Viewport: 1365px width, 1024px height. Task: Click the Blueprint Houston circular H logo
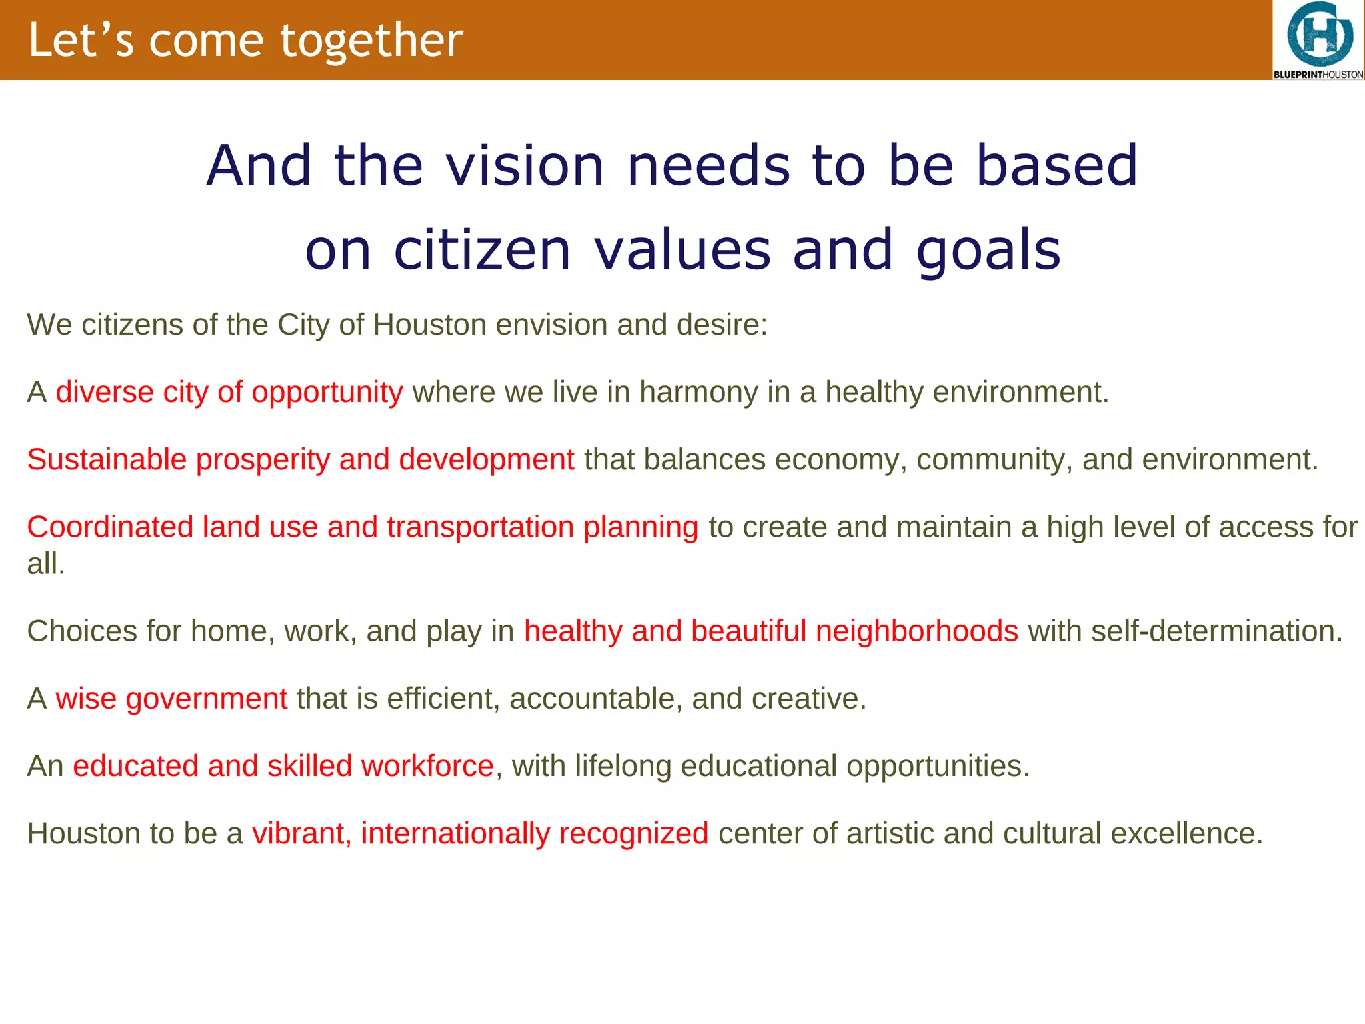[1319, 33]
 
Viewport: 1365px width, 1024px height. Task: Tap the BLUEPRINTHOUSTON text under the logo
[1318, 75]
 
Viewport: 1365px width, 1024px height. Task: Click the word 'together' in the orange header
[371, 41]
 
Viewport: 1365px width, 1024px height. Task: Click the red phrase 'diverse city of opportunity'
[229, 392]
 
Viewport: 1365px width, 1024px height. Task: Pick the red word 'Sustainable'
[107, 459]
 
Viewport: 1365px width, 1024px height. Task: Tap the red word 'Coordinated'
[110, 527]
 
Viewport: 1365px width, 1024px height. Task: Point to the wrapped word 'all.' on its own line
[45, 564]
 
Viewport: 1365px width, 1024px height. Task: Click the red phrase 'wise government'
[171, 699]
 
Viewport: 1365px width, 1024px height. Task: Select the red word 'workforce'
[427, 766]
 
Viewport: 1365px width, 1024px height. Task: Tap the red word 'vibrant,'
[301, 833]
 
